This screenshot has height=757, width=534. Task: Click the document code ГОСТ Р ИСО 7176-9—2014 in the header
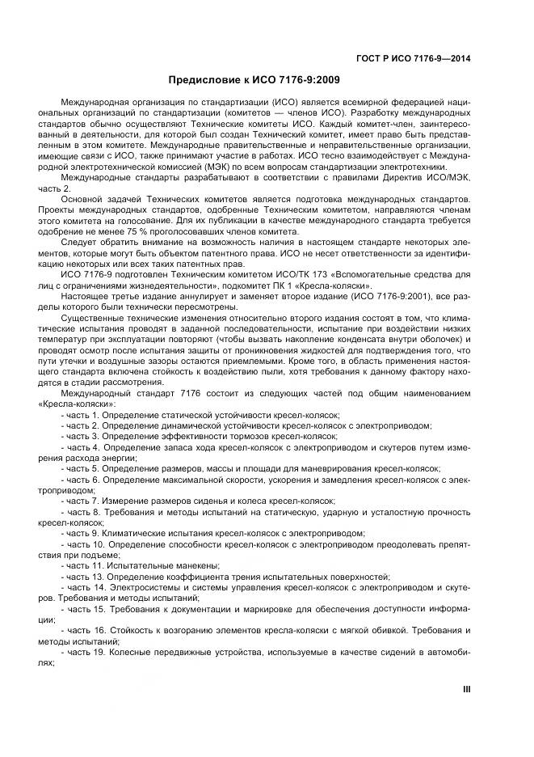click(x=413, y=58)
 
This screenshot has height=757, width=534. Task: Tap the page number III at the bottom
click(x=466, y=690)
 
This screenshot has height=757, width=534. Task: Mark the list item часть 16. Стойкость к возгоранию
click(x=259, y=629)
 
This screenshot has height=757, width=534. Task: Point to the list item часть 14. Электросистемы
click(x=259, y=587)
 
